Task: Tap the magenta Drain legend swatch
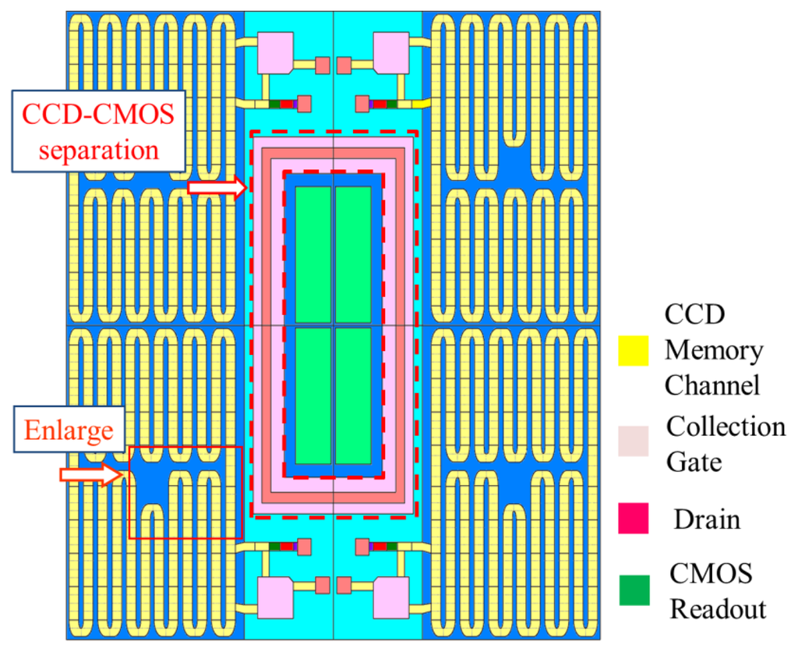(x=634, y=519)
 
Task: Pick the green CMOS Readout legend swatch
(x=634, y=590)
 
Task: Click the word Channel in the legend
(x=711, y=384)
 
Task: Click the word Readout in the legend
(x=719, y=609)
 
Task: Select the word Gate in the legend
(x=694, y=462)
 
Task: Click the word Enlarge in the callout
(x=69, y=431)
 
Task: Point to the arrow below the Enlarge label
(x=91, y=474)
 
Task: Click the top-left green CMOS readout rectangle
(x=313, y=254)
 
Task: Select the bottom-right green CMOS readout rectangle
(x=353, y=395)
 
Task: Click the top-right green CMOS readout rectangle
(x=353, y=254)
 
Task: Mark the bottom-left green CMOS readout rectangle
(x=313, y=395)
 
